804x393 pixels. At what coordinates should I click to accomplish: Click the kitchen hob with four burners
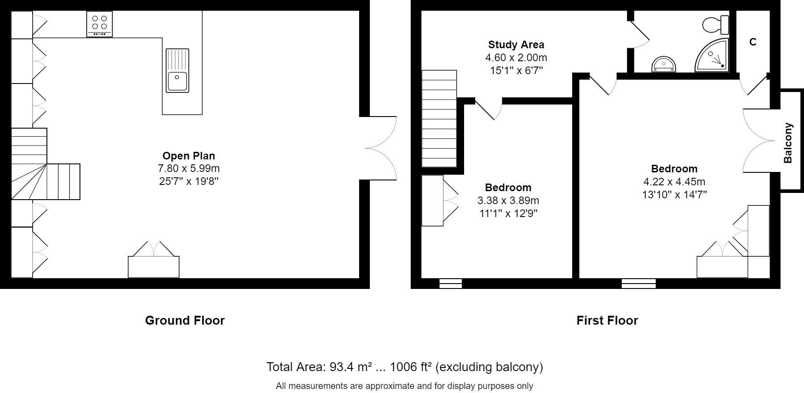click(x=100, y=24)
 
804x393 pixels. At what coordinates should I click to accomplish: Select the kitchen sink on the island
click(x=177, y=71)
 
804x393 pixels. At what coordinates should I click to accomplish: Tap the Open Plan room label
click(x=188, y=156)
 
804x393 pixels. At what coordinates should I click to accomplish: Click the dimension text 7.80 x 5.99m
click(x=188, y=168)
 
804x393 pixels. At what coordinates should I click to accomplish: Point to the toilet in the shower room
click(x=716, y=25)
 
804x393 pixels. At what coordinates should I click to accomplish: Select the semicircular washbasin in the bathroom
click(x=664, y=65)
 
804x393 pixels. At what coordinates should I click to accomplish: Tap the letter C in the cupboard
click(x=753, y=42)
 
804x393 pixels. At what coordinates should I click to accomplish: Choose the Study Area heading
click(x=516, y=45)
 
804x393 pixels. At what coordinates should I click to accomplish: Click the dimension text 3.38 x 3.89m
click(x=508, y=201)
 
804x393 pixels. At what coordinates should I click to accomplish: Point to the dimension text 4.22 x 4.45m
click(x=674, y=182)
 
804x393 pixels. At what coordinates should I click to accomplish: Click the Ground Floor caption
click(x=184, y=320)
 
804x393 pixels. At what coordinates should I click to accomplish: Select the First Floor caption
click(x=607, y=320)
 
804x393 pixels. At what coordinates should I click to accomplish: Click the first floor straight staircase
click(x=439, y=119)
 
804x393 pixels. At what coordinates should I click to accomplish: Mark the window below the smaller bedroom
click(x=450, y=283)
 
